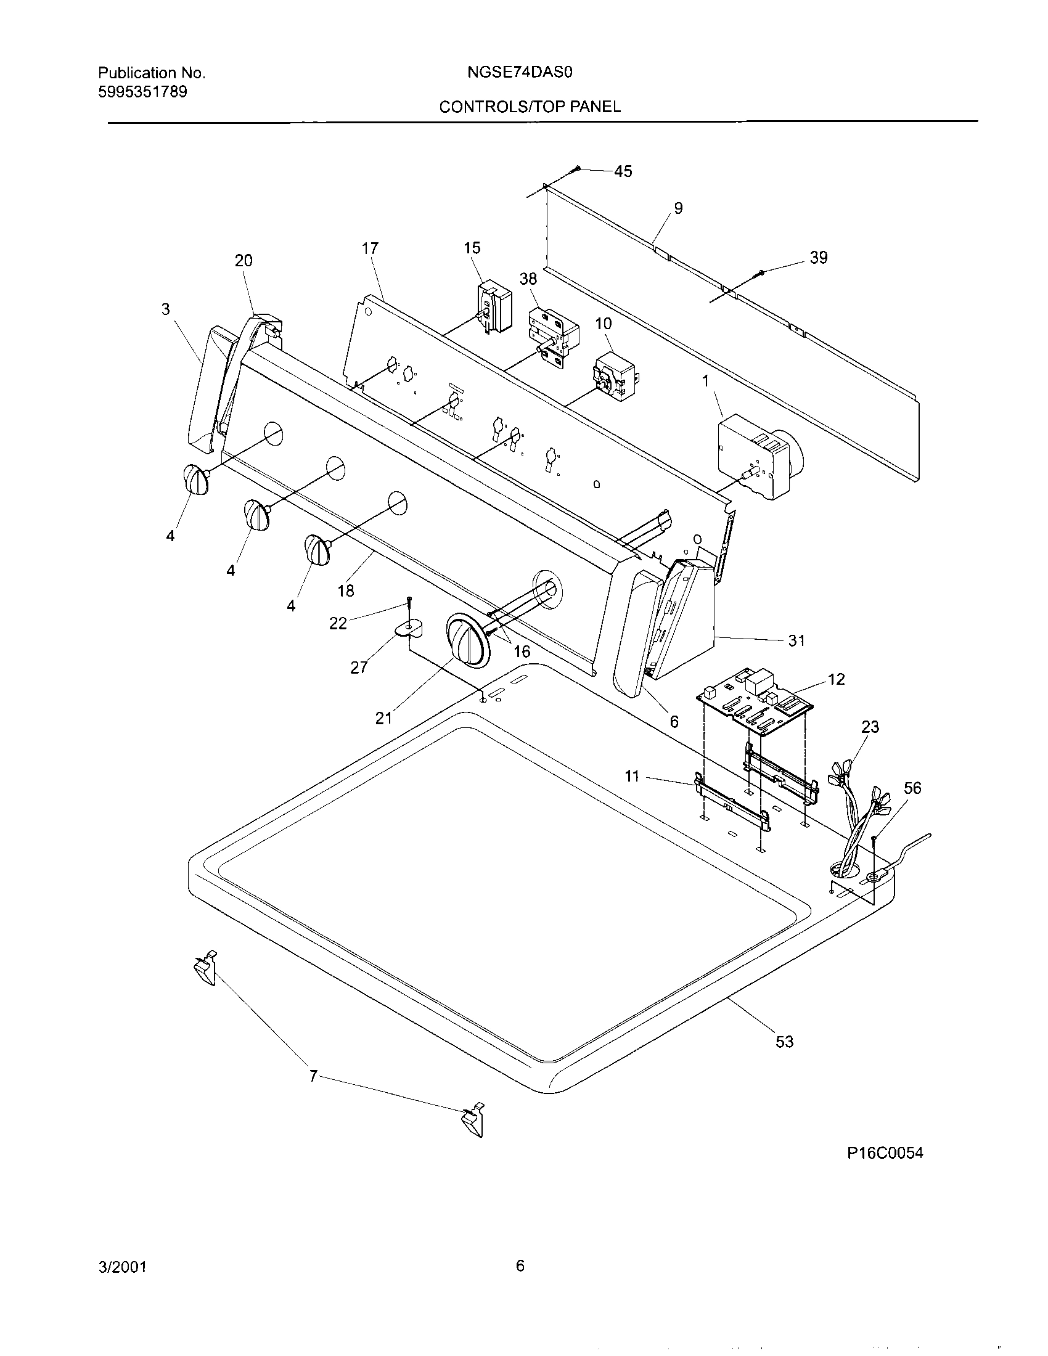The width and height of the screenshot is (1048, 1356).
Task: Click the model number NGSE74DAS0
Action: coord(519,73)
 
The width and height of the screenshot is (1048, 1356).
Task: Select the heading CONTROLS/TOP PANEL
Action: coord(530,107)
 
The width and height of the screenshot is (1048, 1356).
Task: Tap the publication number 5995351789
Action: coord(143,92)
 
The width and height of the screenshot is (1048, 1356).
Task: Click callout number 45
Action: coord(623,171)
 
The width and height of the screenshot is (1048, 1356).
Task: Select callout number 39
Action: coord(818,258)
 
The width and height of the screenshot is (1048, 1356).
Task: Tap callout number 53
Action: coord(784,1042)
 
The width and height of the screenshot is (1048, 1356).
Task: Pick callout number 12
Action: coord(837,679)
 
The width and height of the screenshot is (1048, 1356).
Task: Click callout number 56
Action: coord(912,788)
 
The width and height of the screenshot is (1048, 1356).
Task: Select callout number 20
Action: coord(244,261)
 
